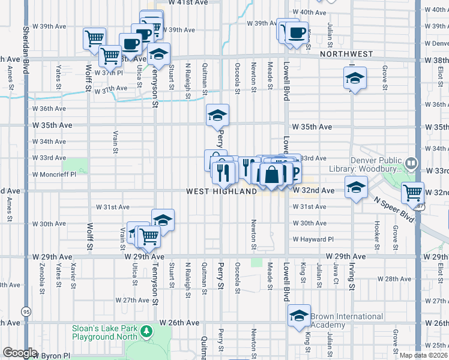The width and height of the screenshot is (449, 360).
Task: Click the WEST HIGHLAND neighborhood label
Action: point(221,191)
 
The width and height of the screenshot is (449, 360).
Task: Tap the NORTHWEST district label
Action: point(346,54)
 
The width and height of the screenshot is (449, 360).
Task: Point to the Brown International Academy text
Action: point(346,320)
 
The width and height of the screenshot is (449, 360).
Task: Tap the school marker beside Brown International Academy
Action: point(299,316)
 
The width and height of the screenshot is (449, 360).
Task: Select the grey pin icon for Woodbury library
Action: point(411,162)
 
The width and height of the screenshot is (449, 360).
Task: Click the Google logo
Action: point(20,353)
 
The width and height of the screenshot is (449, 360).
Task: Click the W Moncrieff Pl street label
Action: point(52,175)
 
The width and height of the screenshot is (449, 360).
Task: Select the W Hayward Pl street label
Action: point(313,239)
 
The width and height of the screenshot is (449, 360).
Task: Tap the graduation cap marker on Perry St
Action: point(217,114)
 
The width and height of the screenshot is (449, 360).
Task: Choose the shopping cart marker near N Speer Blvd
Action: point(412,193)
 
